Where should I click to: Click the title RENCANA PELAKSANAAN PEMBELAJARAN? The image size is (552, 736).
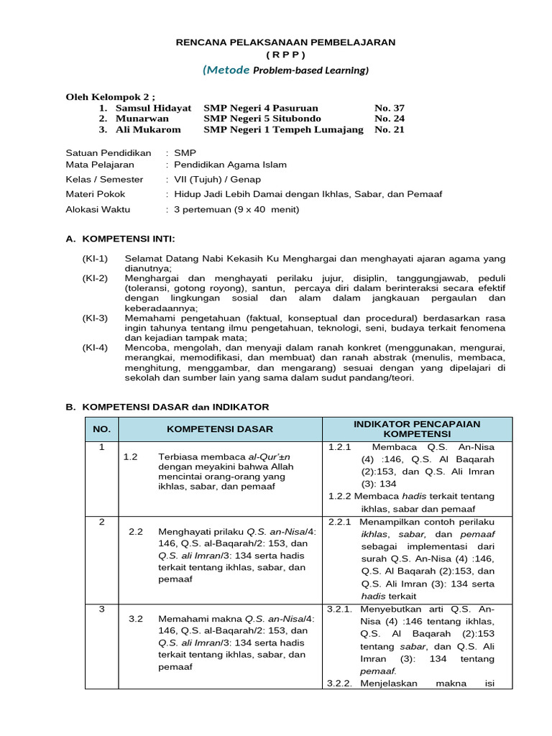click(x=285, y=42)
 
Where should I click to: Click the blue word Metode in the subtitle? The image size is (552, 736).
click(x=227, y=70)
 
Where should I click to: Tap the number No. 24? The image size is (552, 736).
click(x=389, y=119)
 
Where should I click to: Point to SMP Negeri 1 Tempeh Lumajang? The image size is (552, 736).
click(x=283, y=129)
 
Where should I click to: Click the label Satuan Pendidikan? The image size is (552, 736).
click(x=109, y=153)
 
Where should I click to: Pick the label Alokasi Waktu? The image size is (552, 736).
click(x=99, y=209)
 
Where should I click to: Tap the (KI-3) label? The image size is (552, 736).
click(x=95, y=318)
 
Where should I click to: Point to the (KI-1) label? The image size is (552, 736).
click(x=95, y=258)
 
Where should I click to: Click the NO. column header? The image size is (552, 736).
click(x=102, y=429)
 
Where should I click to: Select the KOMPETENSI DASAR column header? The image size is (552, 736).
click(x=220, y=429)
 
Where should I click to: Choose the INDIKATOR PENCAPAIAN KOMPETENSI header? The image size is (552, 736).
click(x=417, y=429)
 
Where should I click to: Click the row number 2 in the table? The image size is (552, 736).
click(x=102, y=521)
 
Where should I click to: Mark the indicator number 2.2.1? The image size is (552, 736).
click(x=339, y=522)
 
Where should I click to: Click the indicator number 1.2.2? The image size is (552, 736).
click(x=339, y=496)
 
